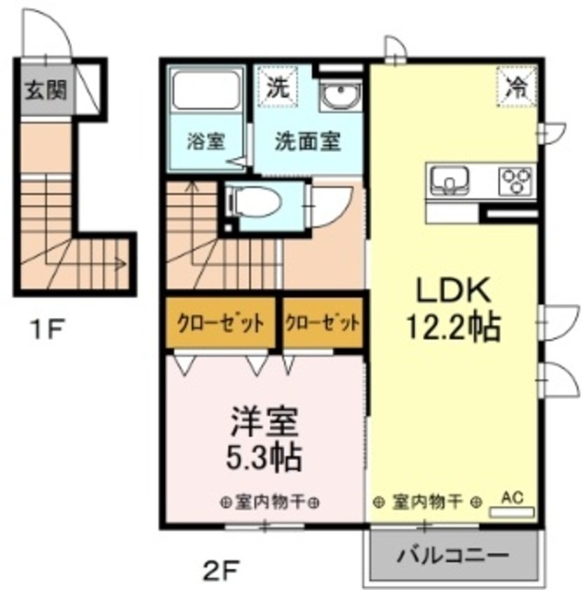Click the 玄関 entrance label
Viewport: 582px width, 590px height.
pyautogui.click(x=46, y=90)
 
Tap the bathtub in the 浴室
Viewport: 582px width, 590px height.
pyautogui.click(x=206, y=90)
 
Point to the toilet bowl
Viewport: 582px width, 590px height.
pyautogui.click(x=256, y=204)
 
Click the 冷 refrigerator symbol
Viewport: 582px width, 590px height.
pyautogui.click(x=517, y=87)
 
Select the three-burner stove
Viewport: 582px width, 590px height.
pyautogui.click(x=516, y=181)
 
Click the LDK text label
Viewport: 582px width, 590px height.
pyautogui.click(x=453, y=291)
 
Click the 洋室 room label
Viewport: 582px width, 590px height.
pyautogui.click(x=265, y=422)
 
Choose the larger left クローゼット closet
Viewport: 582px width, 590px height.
pyautogui.click(x=220, y=324)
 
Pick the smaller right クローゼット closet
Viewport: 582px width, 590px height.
pyautogui.click(x=323, y=324)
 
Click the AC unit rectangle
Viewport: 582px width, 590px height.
pyautogui.click(x=512, y=512)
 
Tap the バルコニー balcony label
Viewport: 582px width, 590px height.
pyautogui.click(x=454, y=555)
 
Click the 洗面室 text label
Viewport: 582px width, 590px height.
pyautogui.click(x=307, y=141)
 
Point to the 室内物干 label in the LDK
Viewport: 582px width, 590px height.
pyautogui.click(x=427, y=502)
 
